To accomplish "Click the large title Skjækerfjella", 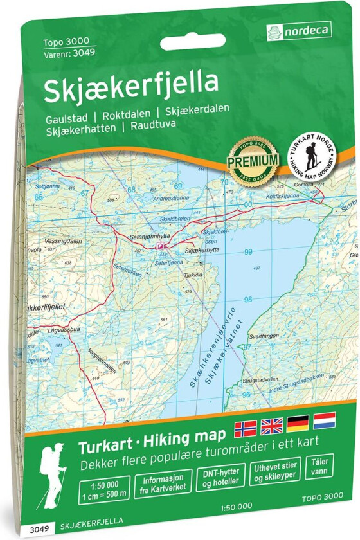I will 130,90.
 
